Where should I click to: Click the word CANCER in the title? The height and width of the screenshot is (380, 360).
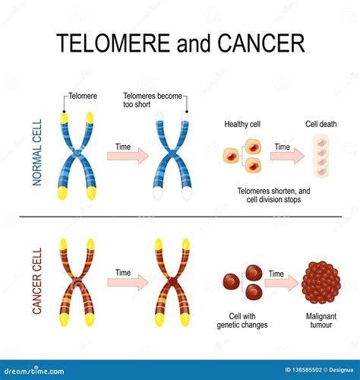point(261,43)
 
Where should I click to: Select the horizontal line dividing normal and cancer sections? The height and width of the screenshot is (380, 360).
point(180,217)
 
